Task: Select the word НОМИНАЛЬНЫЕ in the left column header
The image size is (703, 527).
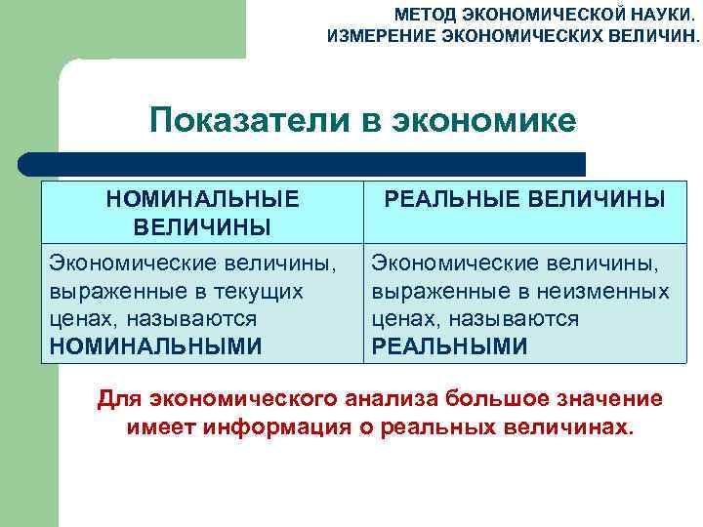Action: [x=202, y=199]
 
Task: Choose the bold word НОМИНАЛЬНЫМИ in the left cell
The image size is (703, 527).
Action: [x=155, y=345]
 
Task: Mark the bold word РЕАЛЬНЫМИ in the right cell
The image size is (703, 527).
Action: [x=449, y=345]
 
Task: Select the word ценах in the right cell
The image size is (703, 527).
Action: [x=404, y=319]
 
